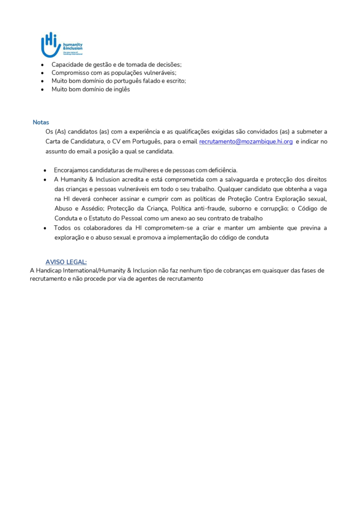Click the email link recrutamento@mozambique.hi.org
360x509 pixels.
(x=246, y=142)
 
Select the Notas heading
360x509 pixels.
(x=41, y=122)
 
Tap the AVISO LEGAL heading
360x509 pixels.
(x=66, y=262)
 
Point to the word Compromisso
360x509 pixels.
(x=72, y=73)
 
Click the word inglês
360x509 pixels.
(x=121, y=89)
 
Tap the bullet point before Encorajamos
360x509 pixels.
(x=45, y=170)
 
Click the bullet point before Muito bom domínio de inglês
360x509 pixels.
(x=42, y=89)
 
